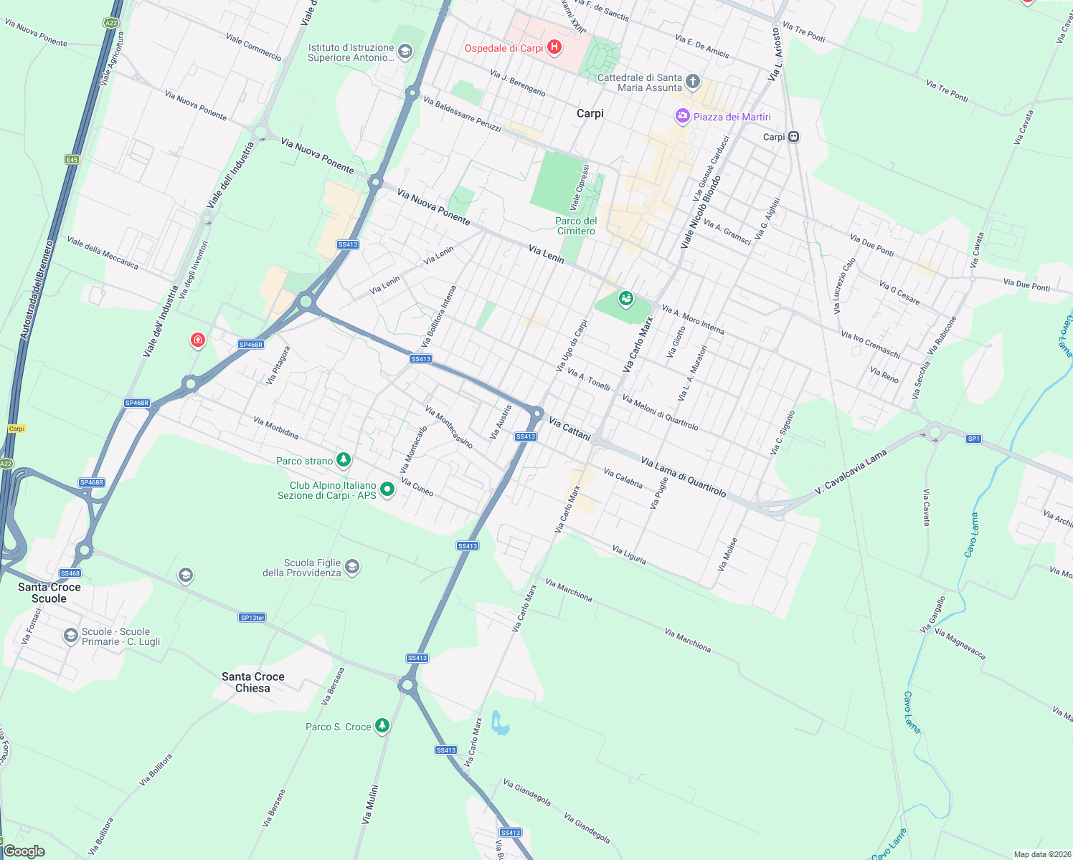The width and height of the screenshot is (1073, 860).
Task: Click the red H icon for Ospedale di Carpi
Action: coord(554,47)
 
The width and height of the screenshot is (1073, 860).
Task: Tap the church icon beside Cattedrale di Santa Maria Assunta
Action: coord(692,81)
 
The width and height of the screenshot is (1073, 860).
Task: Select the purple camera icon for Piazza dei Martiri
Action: coord(682,116)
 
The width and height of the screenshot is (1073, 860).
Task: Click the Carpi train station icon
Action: coord(793,137)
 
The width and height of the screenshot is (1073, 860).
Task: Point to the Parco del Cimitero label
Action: coord(576,226)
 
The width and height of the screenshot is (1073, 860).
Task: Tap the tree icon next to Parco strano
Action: coord(344,459)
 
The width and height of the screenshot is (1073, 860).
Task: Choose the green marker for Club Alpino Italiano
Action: coord(387,489)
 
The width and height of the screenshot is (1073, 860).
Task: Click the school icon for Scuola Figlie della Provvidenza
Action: coord(352,567)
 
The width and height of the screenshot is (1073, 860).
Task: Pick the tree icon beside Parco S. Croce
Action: coord(382,726)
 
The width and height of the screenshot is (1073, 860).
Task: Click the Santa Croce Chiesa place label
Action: coord(253,682)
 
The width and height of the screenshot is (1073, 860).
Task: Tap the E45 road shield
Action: coord(72,160)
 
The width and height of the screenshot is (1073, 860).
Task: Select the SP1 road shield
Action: coord(973,439)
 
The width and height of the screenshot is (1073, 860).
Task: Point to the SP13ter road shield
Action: coord(252,617)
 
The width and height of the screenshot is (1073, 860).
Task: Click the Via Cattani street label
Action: coord(569,429)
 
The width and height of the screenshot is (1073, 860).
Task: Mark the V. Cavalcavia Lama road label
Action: coord(851,472)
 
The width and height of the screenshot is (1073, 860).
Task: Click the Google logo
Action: coord(24,851)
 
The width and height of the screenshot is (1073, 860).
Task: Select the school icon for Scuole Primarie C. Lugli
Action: coord(70,636)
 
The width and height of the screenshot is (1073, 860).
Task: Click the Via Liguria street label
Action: coord(629,555)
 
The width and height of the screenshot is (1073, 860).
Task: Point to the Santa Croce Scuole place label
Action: coord(49,593)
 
